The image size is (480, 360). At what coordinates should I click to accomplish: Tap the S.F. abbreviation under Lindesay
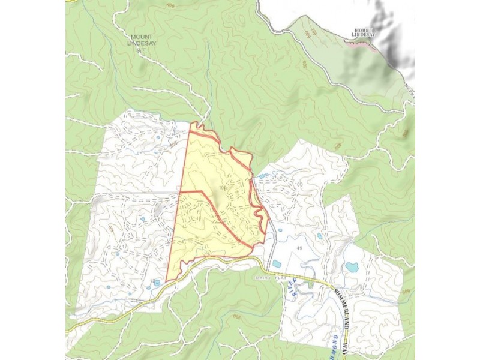[x=142, y=52]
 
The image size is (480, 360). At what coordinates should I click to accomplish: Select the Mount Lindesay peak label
[x=364, y=32]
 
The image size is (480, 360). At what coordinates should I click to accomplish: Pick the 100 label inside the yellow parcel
[x=223, y=188]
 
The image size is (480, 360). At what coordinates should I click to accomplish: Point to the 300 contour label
[x=404, y=291]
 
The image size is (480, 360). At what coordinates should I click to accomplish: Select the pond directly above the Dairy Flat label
[x=276, y=263]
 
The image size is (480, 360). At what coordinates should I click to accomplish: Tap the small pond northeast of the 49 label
[x=319, y=236]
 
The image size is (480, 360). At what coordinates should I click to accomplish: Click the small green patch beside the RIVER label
[x=310, y=285]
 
